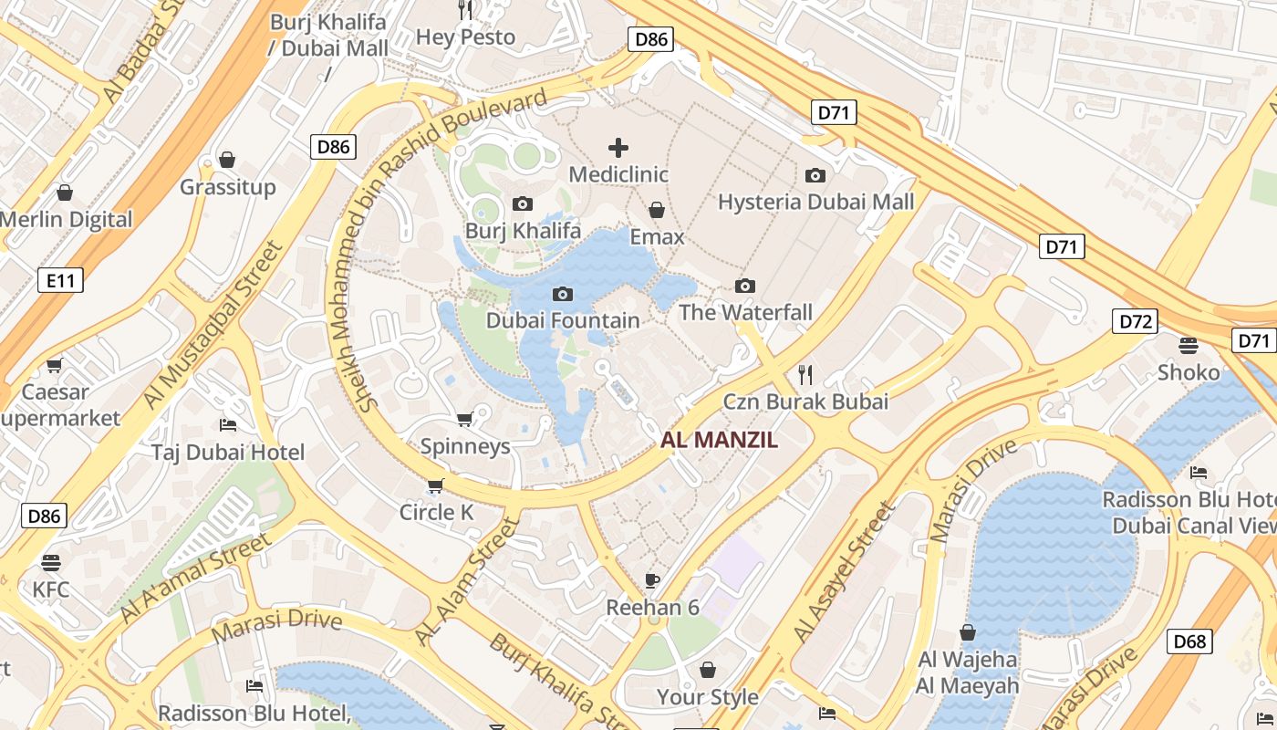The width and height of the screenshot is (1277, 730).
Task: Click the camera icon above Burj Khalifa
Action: coord(523,203)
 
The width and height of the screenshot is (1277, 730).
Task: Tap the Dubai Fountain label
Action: coord(563,320)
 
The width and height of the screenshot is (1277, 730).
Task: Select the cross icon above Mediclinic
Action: coord(618,147)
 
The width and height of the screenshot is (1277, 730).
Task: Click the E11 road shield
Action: coord(61,280)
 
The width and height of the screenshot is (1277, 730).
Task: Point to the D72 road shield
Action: coord(1136,321)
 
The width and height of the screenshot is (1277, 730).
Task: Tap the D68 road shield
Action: coord(1189,641)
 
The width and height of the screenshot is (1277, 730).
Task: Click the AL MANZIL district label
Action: coord(719,441)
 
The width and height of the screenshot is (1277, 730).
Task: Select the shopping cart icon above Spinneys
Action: coord(464,419)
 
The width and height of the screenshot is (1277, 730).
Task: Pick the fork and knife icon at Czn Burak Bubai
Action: coord(805,374)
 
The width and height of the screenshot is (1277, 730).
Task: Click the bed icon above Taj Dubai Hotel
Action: coord(228,425)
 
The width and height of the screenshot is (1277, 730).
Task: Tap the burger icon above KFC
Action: coord(50,562)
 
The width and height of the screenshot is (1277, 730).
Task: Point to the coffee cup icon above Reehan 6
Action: coord(652,580)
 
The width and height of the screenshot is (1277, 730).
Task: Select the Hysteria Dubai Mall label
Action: coord(815,203)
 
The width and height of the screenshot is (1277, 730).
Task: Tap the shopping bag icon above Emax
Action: coord(656,210)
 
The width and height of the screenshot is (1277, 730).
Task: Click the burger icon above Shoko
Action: coord(1188,345)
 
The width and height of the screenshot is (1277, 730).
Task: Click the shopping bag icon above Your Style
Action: coord(708,671)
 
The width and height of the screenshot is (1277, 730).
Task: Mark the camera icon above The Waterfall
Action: coord(745,286)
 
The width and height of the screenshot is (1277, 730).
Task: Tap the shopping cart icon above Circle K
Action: coord(436,485)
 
